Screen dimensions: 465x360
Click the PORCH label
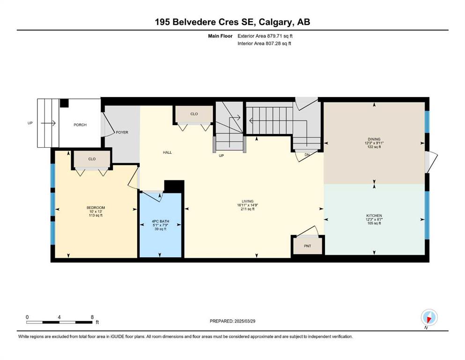pyautogui.click(x=80, y=125)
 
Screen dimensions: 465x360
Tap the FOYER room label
pyautogui.click(x=122, y=132)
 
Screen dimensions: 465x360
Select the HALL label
pyautogui.click(x=167, y=152)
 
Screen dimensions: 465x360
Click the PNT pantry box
pyautogui.click(x=308, y=246)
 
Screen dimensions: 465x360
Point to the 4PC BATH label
pyautogui.click(x=161, y=221)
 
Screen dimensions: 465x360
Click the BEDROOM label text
pyautogui.click(x=96, y=208)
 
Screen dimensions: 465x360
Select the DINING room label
pyautogui.click(x=374, y=139)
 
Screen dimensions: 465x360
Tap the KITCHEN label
pyautogui.click(x=374, y=216)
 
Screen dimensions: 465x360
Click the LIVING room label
pyautogui.click(x=247, y=201)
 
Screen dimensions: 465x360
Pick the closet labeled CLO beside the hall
pyautogui.click(x=194, y=114)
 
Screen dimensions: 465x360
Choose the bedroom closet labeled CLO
pyautogui.click(x=92, y=159)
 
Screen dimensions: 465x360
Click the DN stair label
pyautogui.click(x=307, y=155)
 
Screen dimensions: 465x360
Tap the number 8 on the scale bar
pyautogui.click(x=92, y=317)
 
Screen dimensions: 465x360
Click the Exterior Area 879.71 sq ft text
pyautogui.click(x=265, y=36)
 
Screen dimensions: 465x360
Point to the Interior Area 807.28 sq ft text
pyautogui.click(x=264, y=43)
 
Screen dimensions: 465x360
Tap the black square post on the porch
pyautogui.click(x=64, y=103)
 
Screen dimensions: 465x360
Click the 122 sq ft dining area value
pyautogui.click(x=374, y=147)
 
